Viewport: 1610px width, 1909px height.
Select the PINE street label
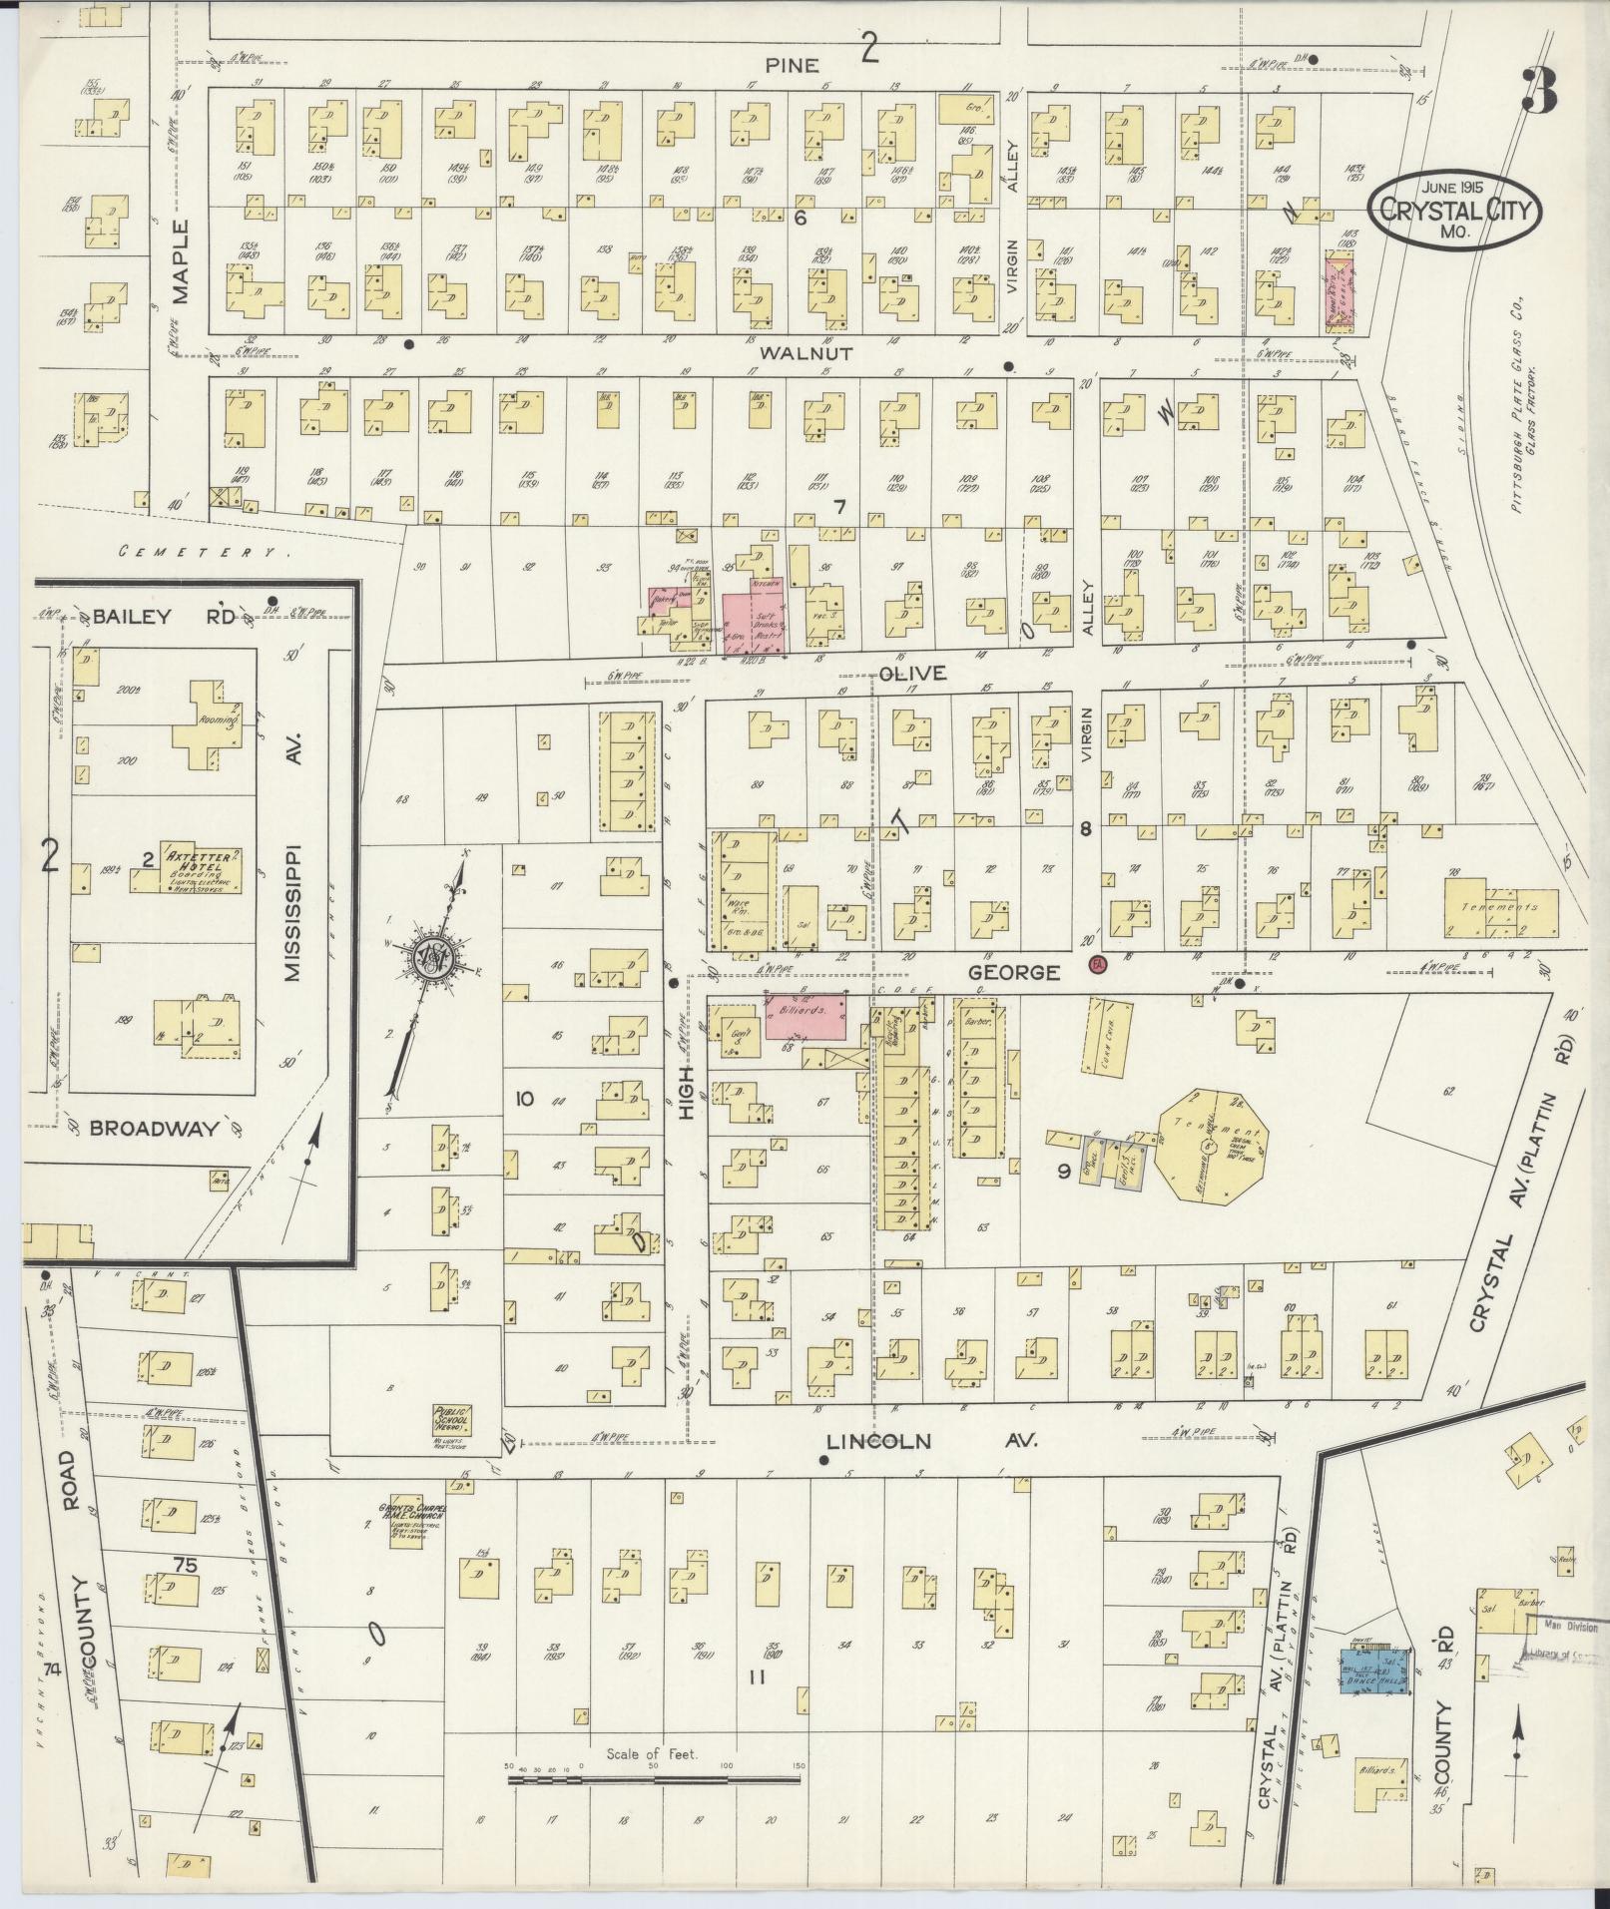point(793,66)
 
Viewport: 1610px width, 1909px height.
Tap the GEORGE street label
point(1014,971)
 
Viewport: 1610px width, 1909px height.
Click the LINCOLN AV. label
point(932,1441)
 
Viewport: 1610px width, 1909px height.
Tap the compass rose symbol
point(437,956)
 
